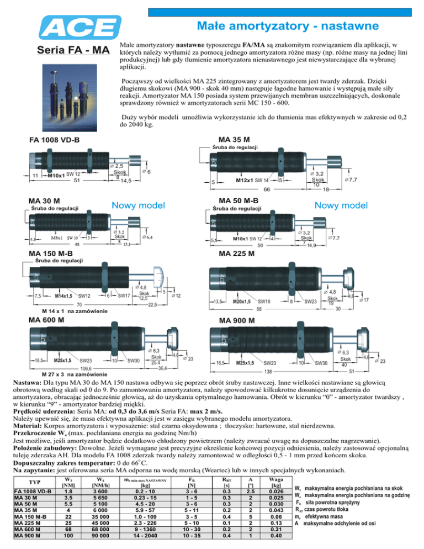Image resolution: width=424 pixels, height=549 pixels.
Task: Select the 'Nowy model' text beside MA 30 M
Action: [x=139, y=205]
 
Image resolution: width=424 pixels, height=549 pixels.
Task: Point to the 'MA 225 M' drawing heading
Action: [x=236, y=254]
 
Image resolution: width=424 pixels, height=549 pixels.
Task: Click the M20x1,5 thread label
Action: [x=242, y=302]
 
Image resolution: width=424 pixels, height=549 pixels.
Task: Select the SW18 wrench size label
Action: [x=264, y=302]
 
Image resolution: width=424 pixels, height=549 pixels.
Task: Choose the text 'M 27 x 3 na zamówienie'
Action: [x=74, y=374]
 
